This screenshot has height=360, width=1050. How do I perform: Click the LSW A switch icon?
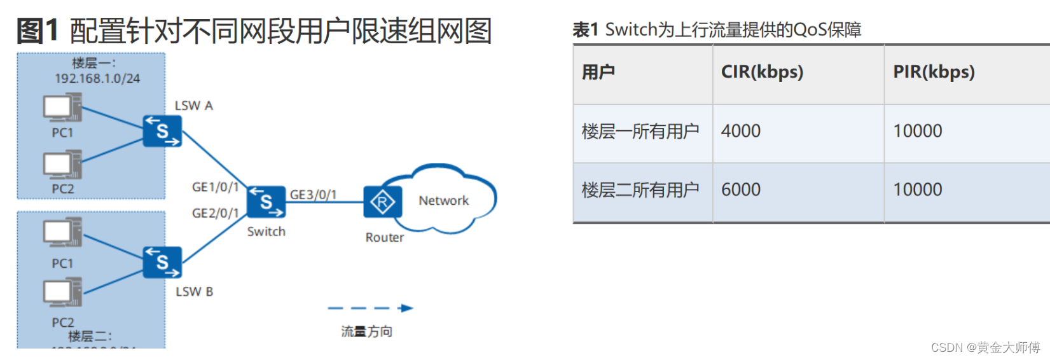pyautogui.click(x=162, y=131)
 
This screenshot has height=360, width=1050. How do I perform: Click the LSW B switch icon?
pyautogui.click(x=162, y=262)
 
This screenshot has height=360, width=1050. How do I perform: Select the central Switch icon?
pyautogui.click(x=266, y=202)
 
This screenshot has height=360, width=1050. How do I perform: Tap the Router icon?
pyautogui.click(x=382, y=203)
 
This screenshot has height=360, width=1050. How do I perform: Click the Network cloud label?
pyautogui.click(x=443, y=200)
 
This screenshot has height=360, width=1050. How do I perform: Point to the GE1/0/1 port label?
pyautogui.click(x=215, y=187)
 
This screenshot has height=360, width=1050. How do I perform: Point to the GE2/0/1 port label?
pyautogui.click(x=215, y=213)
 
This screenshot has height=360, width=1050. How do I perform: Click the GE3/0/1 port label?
pyautogui.click(x=313, y=195)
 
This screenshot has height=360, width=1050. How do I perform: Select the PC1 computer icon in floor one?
pyautogui.click(x=62, y=108)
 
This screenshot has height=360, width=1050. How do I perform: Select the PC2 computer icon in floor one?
pyautogui.click(x=62, y=165)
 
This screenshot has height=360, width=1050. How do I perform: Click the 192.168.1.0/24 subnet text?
pyautogui.click(x=97, y=78)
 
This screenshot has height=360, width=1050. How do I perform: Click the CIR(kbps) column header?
pyautogui.click(x=762, y=72)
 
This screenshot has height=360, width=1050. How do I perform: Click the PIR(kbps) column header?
pyautogui.click(x=933, y=72)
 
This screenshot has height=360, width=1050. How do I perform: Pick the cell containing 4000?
pyautogui.click(x=741, y=131)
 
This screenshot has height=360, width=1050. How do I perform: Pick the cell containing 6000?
pyautogui.click(x=741, y=190)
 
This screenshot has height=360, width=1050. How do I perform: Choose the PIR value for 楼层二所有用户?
pyautogui.click(x=917, y=190)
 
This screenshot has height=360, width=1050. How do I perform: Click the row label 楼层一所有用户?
pyautogui.click(x=640, y=132)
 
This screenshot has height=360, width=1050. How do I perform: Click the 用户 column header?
pyautogui.click(x=598, y=72)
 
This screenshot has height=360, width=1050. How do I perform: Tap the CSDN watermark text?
pyautogui.click(x=985, y=347)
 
